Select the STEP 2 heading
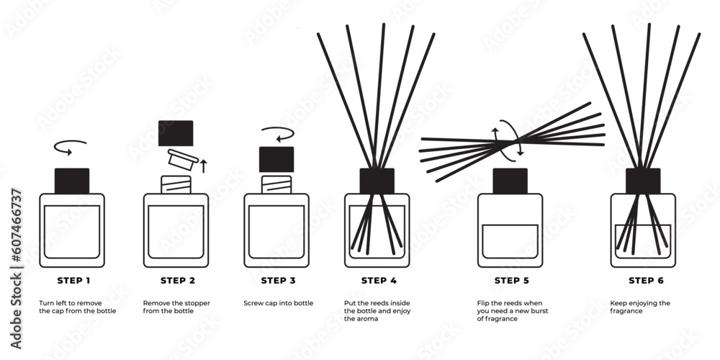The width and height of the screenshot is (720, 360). point(176,280)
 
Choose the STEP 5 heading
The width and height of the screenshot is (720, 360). point(510,280)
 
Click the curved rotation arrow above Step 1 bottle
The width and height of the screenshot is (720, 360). point(71,147)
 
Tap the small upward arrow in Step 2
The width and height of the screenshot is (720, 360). point(203,166)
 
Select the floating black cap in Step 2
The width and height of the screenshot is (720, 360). point(176,133)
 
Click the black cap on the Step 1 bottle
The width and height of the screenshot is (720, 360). point(72,181)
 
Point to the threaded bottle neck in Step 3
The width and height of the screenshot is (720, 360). point(276,184)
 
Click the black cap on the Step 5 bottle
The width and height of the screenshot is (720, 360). point(510,181)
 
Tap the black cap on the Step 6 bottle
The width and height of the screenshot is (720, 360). point(643,181)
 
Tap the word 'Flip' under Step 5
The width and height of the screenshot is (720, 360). point(484,303)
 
